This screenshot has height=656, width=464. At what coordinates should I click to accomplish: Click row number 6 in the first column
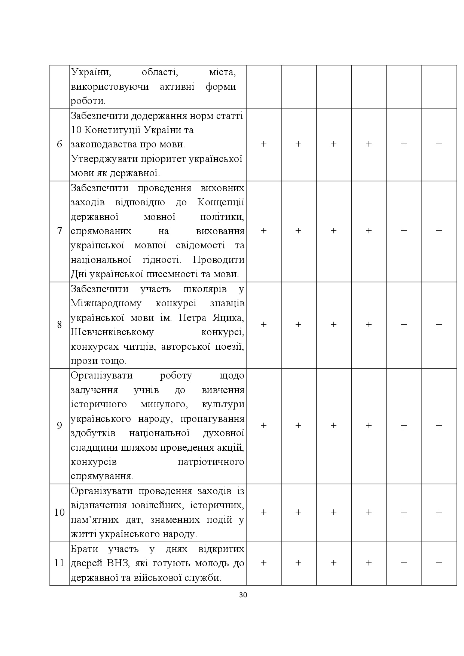[x=59, y=144]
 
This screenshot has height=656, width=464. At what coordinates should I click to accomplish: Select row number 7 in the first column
[x=59, y=231]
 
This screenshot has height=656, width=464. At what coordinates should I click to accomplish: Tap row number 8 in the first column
[x=59, y=325]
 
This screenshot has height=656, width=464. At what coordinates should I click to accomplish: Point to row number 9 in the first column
[x=59, y=426]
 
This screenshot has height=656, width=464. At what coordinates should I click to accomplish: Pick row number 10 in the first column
[x=59, y=512]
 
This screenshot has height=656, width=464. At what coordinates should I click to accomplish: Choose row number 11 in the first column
[x=59, y=563]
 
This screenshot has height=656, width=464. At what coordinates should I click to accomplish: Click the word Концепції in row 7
[x=221, y=202]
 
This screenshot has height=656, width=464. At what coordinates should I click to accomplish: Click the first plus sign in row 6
[x=263, y=144]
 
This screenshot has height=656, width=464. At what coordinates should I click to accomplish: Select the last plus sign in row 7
[x=439, y=231]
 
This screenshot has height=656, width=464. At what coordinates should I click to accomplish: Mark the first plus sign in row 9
[x=263, y=426]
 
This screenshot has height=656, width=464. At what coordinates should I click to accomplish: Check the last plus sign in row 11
[x=439, y=563]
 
